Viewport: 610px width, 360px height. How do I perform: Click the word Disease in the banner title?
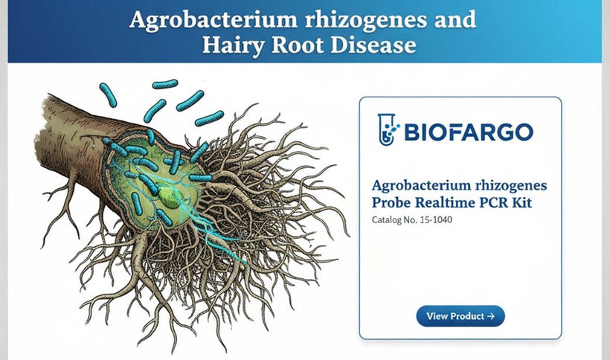[371, 45]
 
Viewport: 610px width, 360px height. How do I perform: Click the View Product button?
[460, 316]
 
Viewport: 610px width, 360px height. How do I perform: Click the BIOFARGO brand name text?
[468, 132]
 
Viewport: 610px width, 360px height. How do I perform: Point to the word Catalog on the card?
[388, 219]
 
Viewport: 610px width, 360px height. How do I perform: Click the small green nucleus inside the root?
[170, 197]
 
